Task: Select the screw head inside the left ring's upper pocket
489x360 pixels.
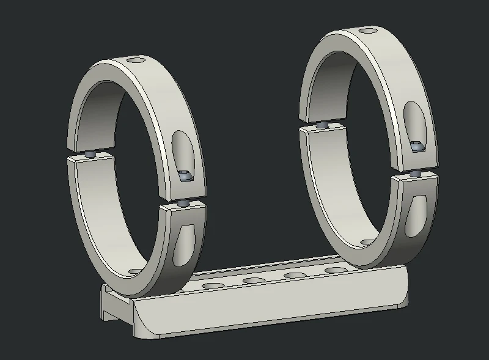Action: (185, 176)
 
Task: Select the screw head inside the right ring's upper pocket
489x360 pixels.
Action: (417, 146)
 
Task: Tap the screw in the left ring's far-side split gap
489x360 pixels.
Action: (91, 155)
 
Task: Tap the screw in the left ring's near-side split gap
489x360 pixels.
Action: (183, 202)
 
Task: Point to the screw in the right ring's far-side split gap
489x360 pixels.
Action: (322, 124)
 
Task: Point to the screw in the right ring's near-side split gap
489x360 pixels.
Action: (415, 174)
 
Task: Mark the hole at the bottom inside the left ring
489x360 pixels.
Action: (134, 271)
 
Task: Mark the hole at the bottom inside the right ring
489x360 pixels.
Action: (366, 243)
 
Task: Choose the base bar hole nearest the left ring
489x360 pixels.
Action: (214, 286)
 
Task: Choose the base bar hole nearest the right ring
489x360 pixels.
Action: (334, 270)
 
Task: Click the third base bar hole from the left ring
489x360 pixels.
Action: (295, 276)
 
